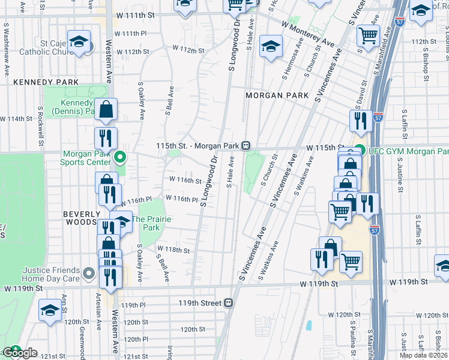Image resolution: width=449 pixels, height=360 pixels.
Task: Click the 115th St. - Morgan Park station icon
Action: click(x=246, y=146)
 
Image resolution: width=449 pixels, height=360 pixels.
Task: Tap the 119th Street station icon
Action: click(x=229, y=303)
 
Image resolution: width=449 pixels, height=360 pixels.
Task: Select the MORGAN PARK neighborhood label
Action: click(x=277, y=95)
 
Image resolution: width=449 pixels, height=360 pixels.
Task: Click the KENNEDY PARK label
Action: click(x=38, y=82)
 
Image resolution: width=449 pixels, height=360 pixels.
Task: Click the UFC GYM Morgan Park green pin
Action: click(x=360, y=151)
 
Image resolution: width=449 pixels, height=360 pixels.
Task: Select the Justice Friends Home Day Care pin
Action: click(x=89, y=274)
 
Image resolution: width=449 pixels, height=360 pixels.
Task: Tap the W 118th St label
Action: click(x=173, y=250)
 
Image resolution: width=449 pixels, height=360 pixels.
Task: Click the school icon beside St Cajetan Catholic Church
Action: click(x=79, y=41)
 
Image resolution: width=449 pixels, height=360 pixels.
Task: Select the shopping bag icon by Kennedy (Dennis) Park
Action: click(x=106, y=109)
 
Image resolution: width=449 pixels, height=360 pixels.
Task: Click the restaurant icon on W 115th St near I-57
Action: click(x=360, y=120)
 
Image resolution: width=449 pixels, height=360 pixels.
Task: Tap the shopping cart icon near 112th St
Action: click(x=368, y=35)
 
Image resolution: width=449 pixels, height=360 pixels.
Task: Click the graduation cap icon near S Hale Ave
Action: click(x=271, y=46)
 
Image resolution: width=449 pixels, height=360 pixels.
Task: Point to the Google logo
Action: click(x=20, y=353)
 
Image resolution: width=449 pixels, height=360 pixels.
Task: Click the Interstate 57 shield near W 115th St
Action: click(x=378, y=115)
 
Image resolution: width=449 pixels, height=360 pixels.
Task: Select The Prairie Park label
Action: click(x=151, y=223)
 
